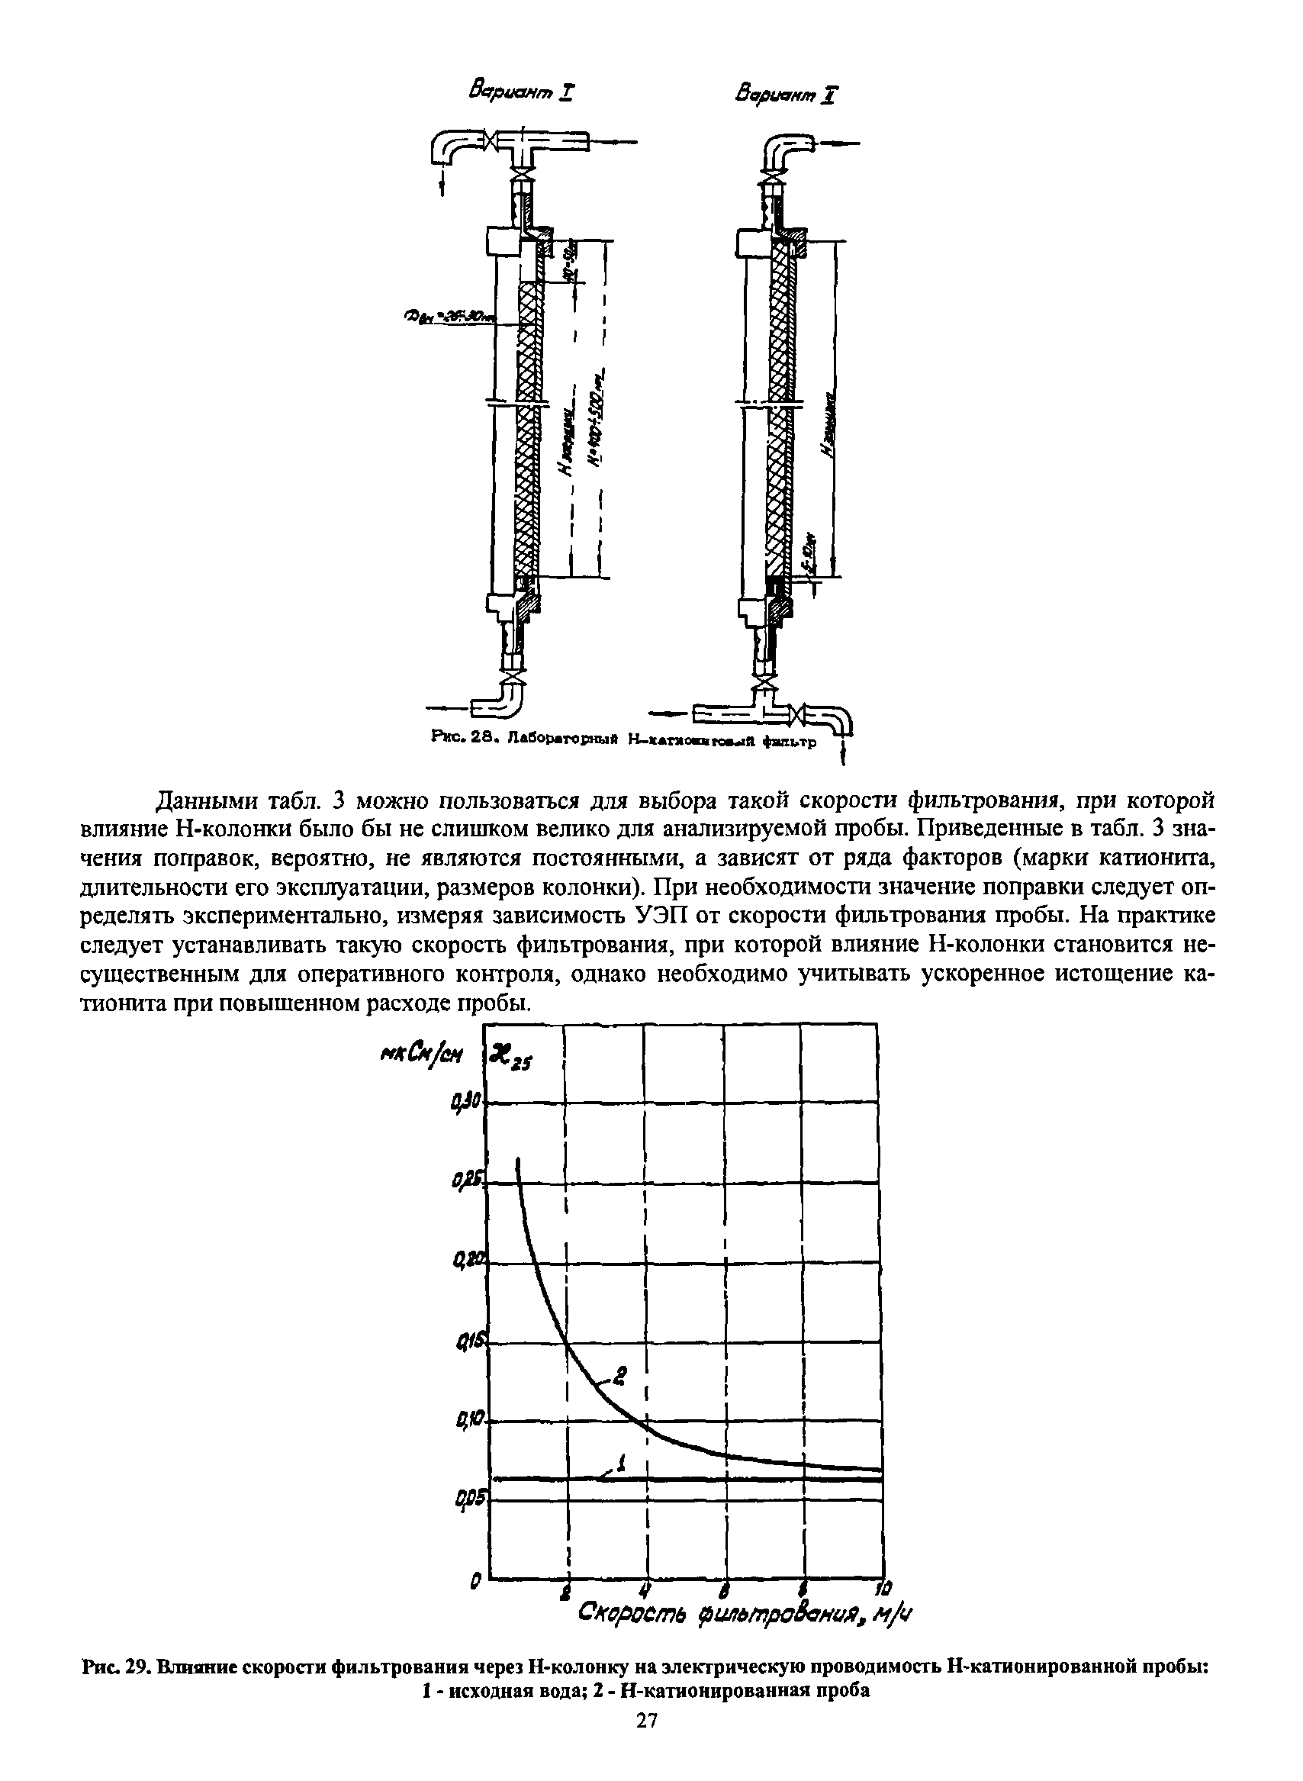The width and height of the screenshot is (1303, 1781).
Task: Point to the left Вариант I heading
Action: [x=521, y=93]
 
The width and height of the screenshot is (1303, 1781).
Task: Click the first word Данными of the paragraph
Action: [x=207, y=800]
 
